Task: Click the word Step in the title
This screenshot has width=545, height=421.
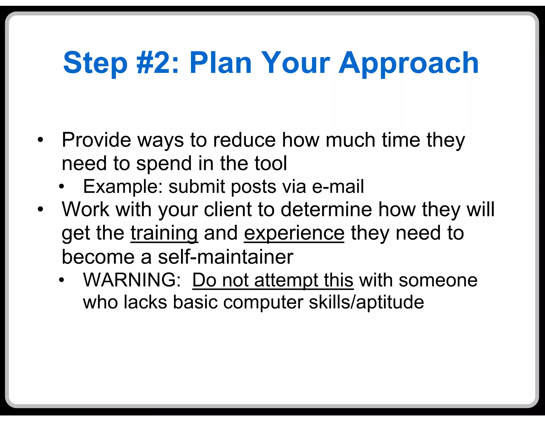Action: pos(95,63)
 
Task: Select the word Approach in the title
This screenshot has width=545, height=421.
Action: pos(408,63)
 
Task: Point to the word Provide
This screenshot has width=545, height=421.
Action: pos(96,140)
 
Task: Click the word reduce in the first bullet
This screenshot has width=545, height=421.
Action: pos(244,140)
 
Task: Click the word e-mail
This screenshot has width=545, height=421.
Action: pos(338,186)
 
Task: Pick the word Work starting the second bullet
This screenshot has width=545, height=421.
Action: pos(85,209)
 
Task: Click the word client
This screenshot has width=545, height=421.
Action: pos(228,209)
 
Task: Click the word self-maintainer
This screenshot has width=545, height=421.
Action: pos(226,257)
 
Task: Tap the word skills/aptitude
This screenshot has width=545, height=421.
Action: pos(366,302)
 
